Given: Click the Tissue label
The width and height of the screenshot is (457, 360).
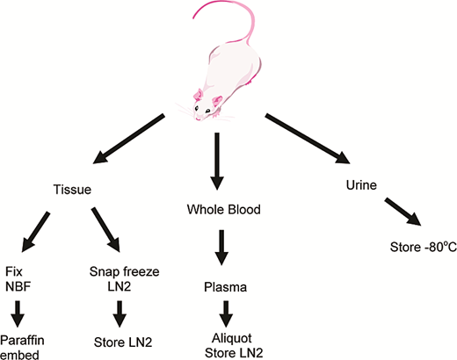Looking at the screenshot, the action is coord(72,190).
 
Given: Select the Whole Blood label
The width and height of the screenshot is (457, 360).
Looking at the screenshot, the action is coord(224,210).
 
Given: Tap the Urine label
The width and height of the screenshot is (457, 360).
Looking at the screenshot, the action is coord(361,185).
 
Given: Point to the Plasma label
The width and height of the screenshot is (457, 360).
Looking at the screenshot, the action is coord(225,287).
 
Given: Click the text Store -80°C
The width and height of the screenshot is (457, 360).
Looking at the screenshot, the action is coord(424,247).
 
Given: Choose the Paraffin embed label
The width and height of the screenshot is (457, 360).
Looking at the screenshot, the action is coord(22,348).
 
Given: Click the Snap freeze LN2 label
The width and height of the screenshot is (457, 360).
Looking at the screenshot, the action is coord(124,279).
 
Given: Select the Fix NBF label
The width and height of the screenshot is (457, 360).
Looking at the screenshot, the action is coord(18,279).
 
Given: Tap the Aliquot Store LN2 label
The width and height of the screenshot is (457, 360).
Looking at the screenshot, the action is coord(234,346).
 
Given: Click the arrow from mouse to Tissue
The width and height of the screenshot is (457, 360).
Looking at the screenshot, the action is coord(128,139).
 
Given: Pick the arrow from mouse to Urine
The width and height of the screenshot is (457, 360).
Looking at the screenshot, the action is coord(308,139).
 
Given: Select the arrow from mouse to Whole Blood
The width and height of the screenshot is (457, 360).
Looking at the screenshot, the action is coord(217,162).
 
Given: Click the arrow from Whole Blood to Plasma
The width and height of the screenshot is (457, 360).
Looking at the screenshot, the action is coord(221,248).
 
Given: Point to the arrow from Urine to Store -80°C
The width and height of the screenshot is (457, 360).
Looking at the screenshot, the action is coord(403,212).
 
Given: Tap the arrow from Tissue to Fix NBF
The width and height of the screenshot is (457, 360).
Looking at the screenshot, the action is coord(36,232).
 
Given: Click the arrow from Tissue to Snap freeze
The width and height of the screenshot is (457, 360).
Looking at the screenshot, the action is coord(105,230).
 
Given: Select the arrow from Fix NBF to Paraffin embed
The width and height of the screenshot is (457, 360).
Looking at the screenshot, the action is coord(18,313).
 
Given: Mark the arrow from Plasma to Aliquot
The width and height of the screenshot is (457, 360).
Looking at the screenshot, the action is coord(226,313).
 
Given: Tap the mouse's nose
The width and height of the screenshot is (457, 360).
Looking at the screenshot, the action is coord(198,119).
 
